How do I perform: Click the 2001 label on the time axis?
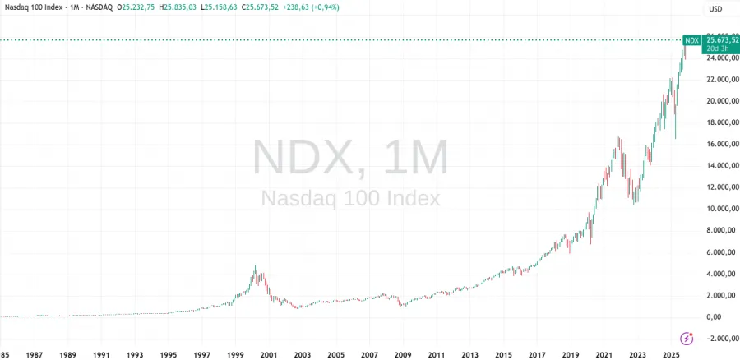tap(268, 355)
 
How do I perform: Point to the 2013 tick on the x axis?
tap(469, 355)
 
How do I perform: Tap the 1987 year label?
tap(35, 355)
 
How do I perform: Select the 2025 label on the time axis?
tap(671, 355)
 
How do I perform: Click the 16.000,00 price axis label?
tap(712, 145)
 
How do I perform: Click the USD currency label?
tap(715, 9)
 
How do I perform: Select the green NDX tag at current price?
tap(691, 39)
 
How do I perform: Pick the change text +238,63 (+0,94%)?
tap(305, 7)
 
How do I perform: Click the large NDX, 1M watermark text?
tap(349, 157)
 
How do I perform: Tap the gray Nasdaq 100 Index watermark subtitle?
tap(351, 198)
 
